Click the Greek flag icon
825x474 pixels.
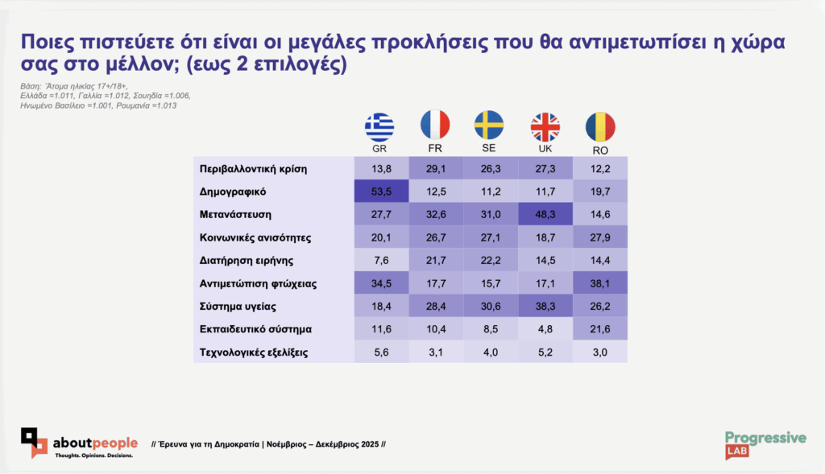380,126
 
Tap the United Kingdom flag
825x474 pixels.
545,126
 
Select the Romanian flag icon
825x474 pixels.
600,126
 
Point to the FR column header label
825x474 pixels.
435,150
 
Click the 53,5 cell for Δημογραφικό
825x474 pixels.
381,192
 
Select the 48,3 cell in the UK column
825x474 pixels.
545,215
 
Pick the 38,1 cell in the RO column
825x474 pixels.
600,283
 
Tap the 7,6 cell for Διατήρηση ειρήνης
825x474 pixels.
381,261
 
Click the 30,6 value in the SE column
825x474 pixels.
490,307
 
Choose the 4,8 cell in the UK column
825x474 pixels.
545,329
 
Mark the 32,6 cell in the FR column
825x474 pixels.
435,215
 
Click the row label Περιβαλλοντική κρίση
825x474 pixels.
253,169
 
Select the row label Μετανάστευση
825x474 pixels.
234,215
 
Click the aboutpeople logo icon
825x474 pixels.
35,442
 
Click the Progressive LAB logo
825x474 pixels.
765,443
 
